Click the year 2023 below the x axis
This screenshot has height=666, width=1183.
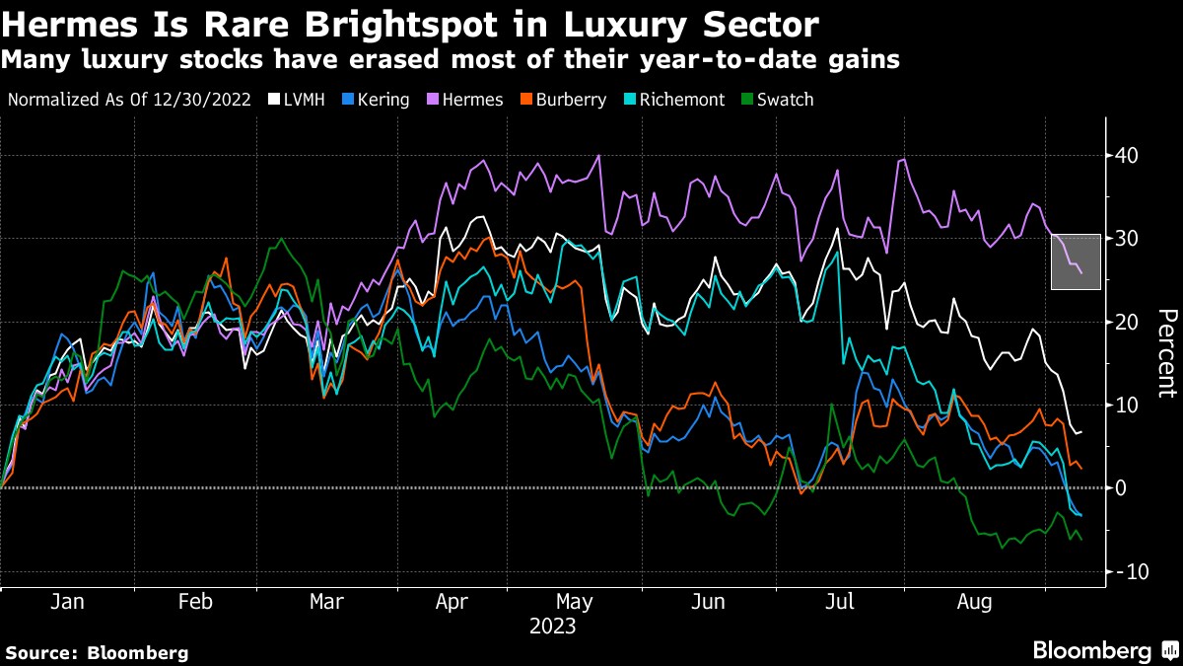click(x=552, y=626)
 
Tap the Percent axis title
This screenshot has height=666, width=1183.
click(x=1166, y=353)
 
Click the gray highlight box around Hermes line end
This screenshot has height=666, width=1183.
click(x=1076, y=261)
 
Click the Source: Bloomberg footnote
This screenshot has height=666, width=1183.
click(x=97, y=652)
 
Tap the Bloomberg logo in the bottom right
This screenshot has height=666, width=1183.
click(x=1104, y=650)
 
